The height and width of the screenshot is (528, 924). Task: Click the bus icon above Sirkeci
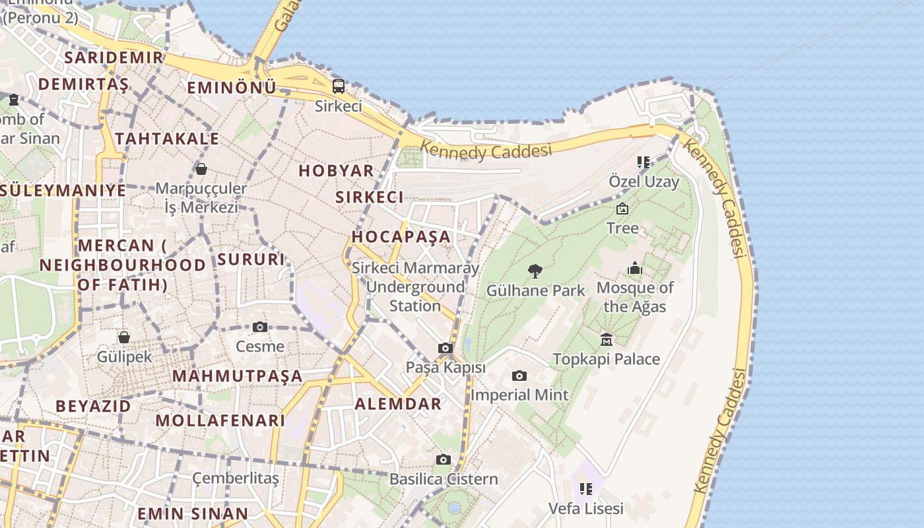tap(338, 86)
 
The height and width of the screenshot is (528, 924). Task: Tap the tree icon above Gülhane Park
tap(535, 271)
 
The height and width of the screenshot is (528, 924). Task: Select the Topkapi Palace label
tap(606, 360)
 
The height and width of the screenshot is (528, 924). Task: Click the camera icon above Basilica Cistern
tap(444, 459)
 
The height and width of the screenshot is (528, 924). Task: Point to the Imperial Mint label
tap(519, 395)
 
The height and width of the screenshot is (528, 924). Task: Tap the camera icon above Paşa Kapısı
tap(445, 348)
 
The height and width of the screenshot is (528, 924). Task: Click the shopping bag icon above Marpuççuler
tap(201, 169)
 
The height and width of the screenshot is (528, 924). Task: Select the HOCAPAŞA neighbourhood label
tap(401, 236)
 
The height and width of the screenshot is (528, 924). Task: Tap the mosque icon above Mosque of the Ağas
tap(635, 268)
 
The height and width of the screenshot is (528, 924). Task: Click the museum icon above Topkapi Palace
tap(607, 340)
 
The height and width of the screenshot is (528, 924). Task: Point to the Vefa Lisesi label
tap(586, 509)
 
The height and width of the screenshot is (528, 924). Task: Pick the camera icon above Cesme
tap(260, 327)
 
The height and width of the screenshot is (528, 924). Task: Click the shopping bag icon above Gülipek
tap(124, 337)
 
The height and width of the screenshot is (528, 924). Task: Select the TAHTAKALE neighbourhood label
tap(167, 139)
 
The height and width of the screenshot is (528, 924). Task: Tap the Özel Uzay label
tap(643, 181)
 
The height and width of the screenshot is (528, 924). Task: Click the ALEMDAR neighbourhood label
tap(398, 404)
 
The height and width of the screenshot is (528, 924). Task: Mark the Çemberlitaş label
tap(236, 478)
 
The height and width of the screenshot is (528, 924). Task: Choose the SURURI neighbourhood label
tap(251, 259)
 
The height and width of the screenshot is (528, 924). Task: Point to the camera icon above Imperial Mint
tap(519, 376)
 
